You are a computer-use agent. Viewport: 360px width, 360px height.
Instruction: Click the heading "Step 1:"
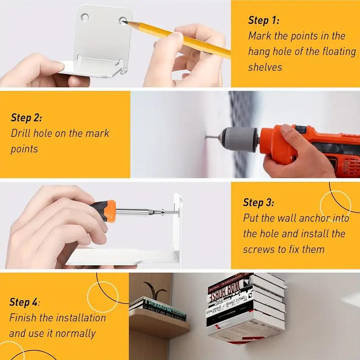[x=264, y=20]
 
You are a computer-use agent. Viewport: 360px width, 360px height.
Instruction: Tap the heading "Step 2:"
[x=27, y=117]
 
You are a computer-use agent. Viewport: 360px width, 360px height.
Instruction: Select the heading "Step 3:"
[x=258, y=202]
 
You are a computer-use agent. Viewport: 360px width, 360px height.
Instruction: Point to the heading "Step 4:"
[x=24, y=302]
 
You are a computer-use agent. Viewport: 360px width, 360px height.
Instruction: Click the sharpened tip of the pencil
[x=123, y=22]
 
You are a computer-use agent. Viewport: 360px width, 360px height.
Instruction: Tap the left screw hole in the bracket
[x=85, y=17]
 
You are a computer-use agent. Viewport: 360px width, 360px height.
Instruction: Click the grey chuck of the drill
[x=239, y=139]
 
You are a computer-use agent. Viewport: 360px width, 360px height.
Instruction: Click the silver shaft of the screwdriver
[x=133, y=211]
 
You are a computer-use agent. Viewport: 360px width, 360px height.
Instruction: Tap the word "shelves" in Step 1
[x=265, y=67]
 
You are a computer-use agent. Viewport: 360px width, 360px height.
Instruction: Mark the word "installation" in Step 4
[x=81, y=318]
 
